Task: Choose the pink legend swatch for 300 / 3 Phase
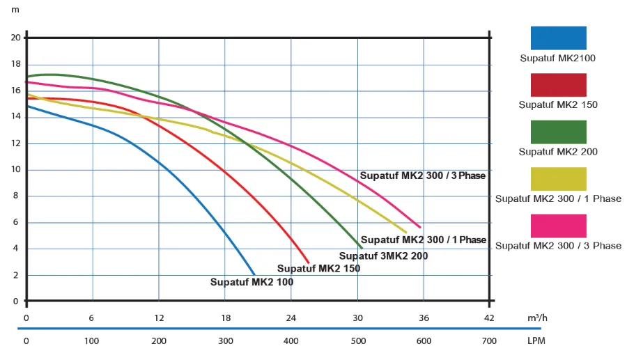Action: pyautogui.click(x=557, y=225)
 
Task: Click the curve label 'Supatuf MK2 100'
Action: pyautogui.click(x=251, y=282)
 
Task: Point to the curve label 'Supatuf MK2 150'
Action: pyautogui.click(x=318, y=268)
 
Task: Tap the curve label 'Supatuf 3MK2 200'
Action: pyautogui.click(x=383, y=256)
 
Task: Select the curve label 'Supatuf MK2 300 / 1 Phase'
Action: pyautogui.click(x=424, y=240)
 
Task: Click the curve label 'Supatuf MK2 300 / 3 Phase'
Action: pyautogui.click(x=422, y=175)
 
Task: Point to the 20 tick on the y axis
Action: pyautogui.click(x=16, y=38)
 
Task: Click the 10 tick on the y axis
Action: pyautogui.click(x=16, y=169)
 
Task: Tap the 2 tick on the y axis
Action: pyautogui.click(x=16, y=275)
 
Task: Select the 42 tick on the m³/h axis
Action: pyautogui.click(x=490, y=318)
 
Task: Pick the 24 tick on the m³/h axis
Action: pyautogui.click(x=291, y=318)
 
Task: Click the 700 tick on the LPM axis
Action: pyautogui.click(x=490, y=341)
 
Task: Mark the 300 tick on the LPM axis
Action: pyautogui.click(x=225, y=341)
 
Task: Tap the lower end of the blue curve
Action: pyautogui.click(x=254, y=274)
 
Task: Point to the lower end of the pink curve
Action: pyautogui.click(x=420, y=227)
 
